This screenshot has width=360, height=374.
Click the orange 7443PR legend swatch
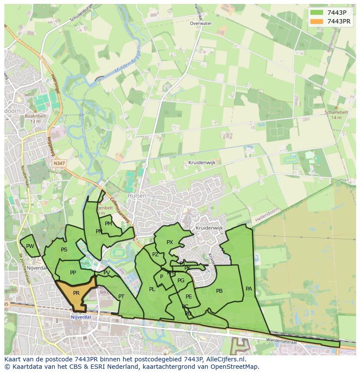(x=317, y=21)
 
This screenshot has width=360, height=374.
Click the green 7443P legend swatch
(x=317, y=12)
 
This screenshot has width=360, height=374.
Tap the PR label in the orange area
(x=77, y=293)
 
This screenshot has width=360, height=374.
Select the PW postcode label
(x=30, y=246)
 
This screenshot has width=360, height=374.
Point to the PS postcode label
(x=64, y=250)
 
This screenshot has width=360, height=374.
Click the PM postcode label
(x=108, y=224)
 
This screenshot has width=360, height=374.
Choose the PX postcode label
(x=170, y=242)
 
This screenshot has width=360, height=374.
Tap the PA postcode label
(x=249, y=288)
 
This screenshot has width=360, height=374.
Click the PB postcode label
(x=219, y=291)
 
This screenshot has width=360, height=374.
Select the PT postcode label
(x=121, y=297)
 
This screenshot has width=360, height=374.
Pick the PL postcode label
(x=152, y=289)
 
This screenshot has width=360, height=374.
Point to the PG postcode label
(x=181, y=281)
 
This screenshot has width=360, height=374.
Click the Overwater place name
(x=200, y=23)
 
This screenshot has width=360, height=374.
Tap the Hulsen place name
(x=137, y=196)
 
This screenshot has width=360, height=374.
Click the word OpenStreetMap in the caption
(x=235, y=367)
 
